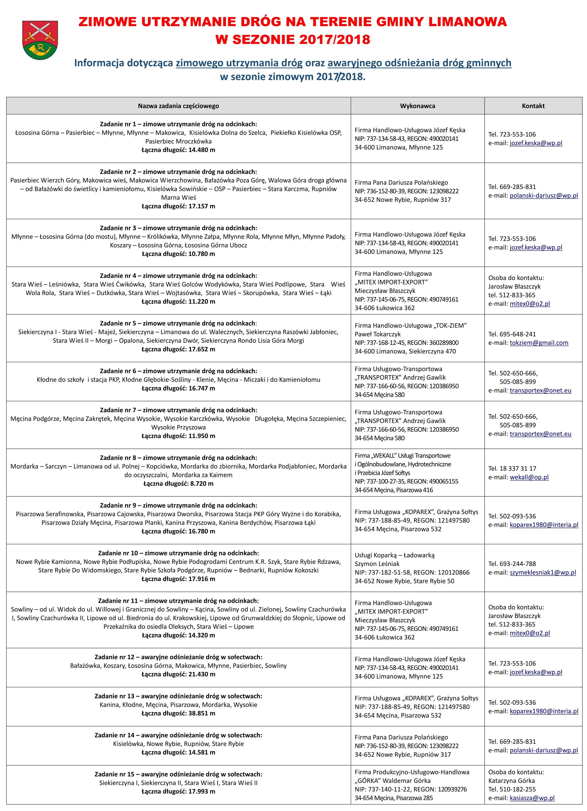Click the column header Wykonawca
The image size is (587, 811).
(417, 106)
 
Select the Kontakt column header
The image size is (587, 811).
(533, 106)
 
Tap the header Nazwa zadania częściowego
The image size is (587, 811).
(179, 106)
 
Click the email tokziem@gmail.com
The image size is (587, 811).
(539, 342)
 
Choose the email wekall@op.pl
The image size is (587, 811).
(529, 477)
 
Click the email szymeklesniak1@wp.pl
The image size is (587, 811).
(543, 573)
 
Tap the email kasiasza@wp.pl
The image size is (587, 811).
(532, 798)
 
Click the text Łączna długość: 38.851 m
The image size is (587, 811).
(179, 713)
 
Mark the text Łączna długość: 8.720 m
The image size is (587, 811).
(179, 484)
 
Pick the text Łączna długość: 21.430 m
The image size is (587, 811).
(179, 675)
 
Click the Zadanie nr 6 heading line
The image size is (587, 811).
(179, 371)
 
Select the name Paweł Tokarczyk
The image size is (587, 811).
(378, 334)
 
